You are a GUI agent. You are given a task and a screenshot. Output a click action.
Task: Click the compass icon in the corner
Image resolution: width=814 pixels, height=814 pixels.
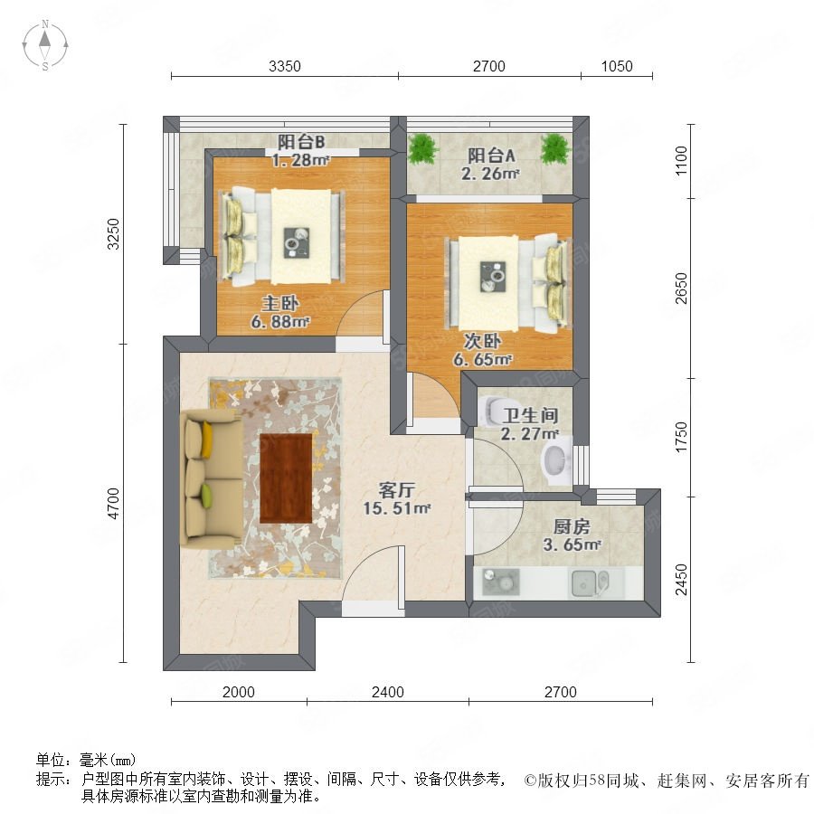tap(45, 45)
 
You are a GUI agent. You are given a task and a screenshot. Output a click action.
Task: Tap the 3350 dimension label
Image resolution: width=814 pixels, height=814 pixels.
tap(285, 66)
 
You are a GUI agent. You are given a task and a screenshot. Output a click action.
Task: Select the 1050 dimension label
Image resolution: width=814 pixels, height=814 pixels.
tap(617, 66)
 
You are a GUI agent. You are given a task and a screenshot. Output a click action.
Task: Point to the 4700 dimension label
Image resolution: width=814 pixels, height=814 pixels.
tap(113, 503)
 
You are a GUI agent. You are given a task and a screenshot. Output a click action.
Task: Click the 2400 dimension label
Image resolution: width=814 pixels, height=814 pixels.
tap(388, 692)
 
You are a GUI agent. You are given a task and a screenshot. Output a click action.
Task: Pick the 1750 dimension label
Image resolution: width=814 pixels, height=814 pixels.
tap(681, 437)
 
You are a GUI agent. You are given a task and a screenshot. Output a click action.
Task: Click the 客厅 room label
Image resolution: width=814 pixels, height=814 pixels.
tap(397, 490)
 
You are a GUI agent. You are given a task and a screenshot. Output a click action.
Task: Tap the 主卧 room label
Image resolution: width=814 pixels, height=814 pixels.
tap(280, 304)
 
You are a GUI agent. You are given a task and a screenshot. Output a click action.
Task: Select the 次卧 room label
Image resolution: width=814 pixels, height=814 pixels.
tap(482, 341)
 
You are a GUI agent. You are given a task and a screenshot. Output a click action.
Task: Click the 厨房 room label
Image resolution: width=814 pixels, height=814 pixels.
tap(572, 527)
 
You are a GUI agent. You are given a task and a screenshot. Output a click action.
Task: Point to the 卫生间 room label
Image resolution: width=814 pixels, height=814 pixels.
tap(530, 415)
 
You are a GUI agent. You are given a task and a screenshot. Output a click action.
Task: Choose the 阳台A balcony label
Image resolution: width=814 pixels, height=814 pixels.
tap(491, 156)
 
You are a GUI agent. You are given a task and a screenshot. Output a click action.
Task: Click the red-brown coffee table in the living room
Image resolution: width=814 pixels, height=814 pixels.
tap(286, 478)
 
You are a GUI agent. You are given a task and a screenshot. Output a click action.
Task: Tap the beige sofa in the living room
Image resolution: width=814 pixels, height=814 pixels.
tap(210, 478)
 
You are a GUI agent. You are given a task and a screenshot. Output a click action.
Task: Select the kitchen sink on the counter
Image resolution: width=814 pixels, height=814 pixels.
tap(589, 582)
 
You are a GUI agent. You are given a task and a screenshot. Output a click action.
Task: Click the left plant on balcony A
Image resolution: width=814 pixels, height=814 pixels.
tap(423, 149)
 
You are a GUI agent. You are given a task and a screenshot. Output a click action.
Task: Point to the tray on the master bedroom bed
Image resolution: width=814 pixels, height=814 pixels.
tap(297, 242)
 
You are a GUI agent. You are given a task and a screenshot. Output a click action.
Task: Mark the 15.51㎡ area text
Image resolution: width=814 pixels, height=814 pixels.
tap(397, 508)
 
